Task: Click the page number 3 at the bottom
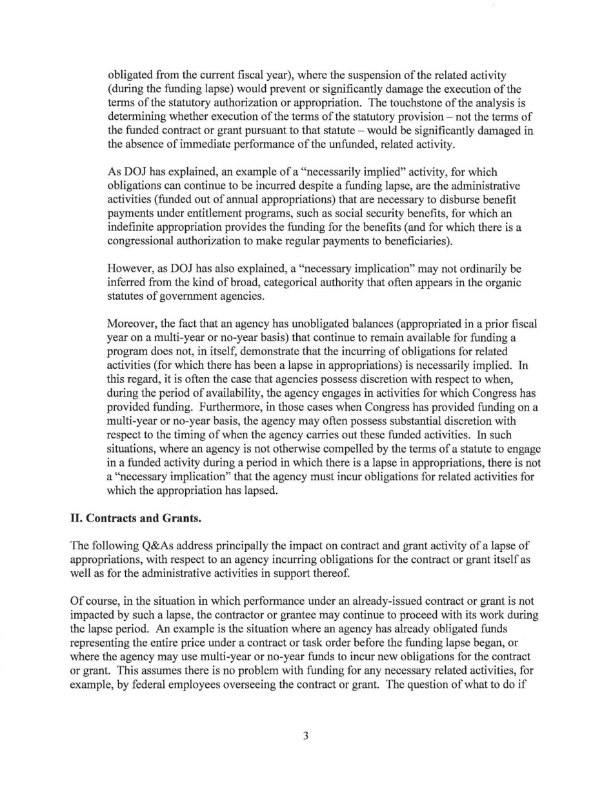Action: pyautogui.click(x=306, y=754)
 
